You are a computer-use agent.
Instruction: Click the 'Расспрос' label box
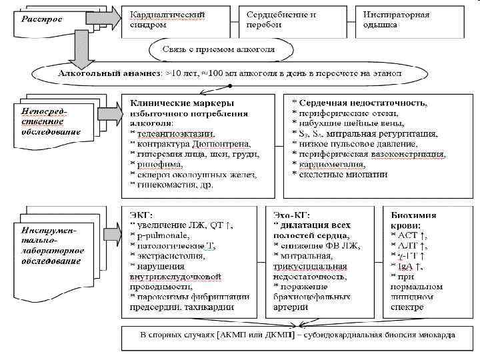click(41, 20)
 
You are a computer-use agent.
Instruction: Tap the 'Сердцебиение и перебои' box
click(281, 19)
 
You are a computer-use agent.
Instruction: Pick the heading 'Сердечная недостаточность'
click(364, 104)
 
